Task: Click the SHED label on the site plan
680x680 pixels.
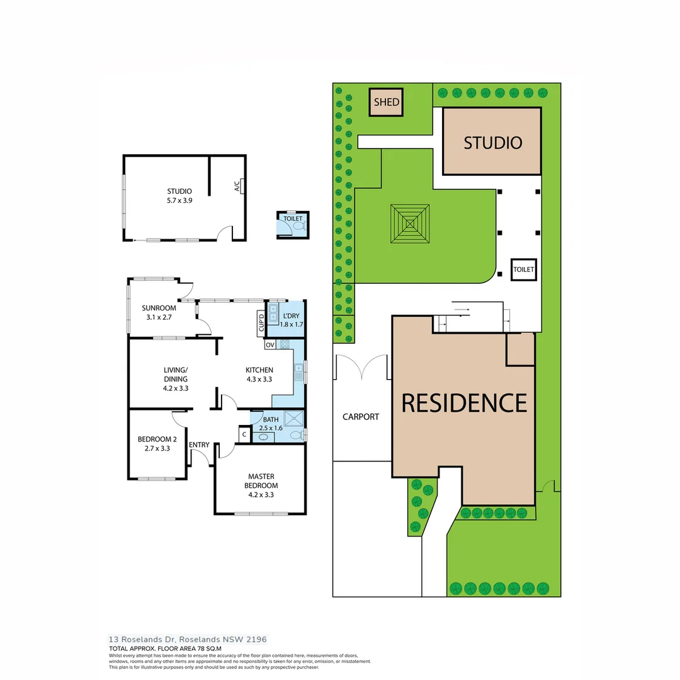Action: click(387, 103)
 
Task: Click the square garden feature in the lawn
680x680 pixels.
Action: click(409, 224)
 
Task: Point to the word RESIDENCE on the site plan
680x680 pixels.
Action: click(464, 403)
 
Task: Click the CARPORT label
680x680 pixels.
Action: click(361, 417)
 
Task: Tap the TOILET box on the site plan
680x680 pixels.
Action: click(523, 269)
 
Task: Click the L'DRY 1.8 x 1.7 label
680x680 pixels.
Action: click(290, 320)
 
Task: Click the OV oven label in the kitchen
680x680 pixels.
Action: click(269, 345)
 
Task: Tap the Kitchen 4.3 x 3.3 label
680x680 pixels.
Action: click(259, 375)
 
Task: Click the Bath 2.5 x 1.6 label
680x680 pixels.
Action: click(271, 424)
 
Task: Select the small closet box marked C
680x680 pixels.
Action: click(244, 434)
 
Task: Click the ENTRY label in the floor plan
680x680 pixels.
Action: click(199, 445)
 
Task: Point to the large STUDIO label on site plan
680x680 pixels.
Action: click(492, 143)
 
